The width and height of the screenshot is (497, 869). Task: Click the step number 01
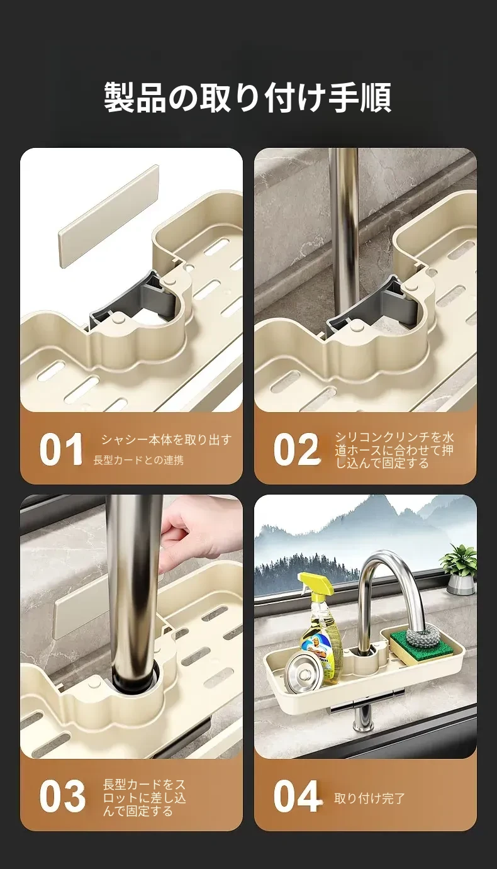tap(61, 449)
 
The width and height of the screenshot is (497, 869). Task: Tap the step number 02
tap(297, 449)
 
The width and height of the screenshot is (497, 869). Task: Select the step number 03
tap(62, 796)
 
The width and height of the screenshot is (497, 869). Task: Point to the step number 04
tap(298, 796)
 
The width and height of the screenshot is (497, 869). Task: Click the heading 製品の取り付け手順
tap(248, 98)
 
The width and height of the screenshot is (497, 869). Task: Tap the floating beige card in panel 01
tap(109, 216)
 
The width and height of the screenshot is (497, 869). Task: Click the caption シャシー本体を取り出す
tap(167, 440)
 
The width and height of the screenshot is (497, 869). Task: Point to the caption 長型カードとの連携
tap(138, 461)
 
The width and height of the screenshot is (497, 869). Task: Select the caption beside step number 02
tap(394, 450)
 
